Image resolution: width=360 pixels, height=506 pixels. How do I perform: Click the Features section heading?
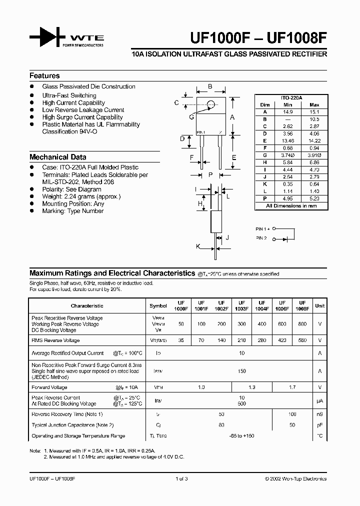coord(44,76)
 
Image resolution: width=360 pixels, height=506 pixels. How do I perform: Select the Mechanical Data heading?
coord(57,157)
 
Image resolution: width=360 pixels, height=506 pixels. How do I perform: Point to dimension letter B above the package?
coord(210,86)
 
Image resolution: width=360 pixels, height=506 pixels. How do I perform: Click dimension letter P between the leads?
coord(210,174)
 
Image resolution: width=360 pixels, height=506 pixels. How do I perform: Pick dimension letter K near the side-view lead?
coord(198,246)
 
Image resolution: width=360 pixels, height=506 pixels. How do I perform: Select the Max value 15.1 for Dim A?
coord(314,112)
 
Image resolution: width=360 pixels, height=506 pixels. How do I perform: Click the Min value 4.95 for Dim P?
coord(287,198)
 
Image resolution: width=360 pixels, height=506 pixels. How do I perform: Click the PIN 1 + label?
coord(263,228)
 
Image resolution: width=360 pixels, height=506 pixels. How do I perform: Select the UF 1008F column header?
coord(301,305)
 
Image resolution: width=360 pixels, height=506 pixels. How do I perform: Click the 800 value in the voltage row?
coord(301,324)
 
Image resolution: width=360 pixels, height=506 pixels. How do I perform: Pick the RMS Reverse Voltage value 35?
coord(181,340)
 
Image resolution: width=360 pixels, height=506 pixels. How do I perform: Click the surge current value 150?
coord(241,371)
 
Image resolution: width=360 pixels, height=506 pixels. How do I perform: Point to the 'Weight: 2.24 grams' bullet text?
coord(81,196)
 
